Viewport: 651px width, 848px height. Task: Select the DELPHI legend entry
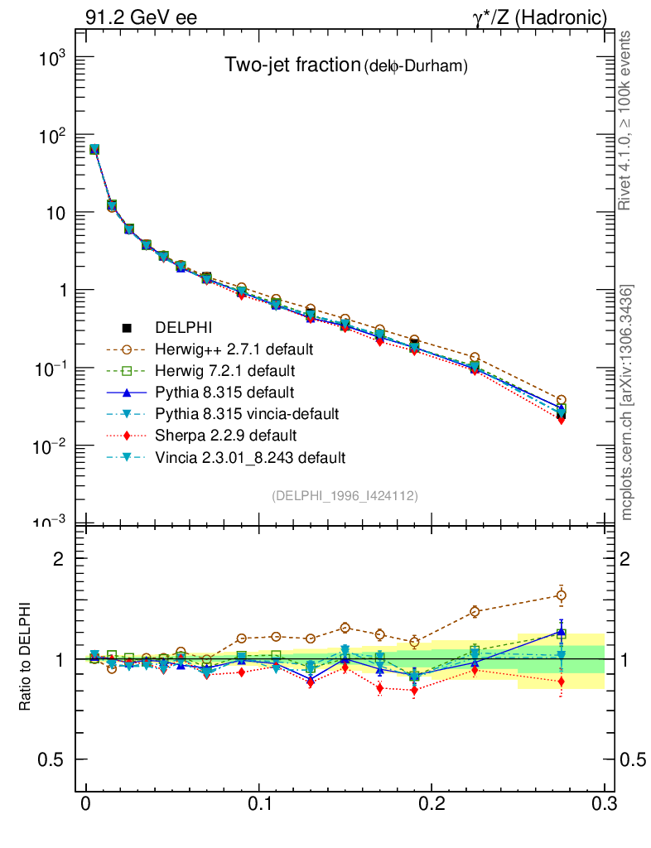pyautogui.click(x=184, y=328)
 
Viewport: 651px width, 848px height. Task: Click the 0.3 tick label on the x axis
pyautogui.click(x=604, y=805)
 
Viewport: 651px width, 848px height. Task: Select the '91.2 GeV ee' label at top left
pyautogui.click(x=141, y=17)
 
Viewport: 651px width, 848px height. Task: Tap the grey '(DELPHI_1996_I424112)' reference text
pyautogui.click(x=344, y=495)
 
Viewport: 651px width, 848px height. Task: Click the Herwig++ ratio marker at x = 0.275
pyautogui.click(x=561, y=595)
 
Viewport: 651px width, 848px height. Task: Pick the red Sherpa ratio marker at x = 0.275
pyautogui.click(x=561, y=682)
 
